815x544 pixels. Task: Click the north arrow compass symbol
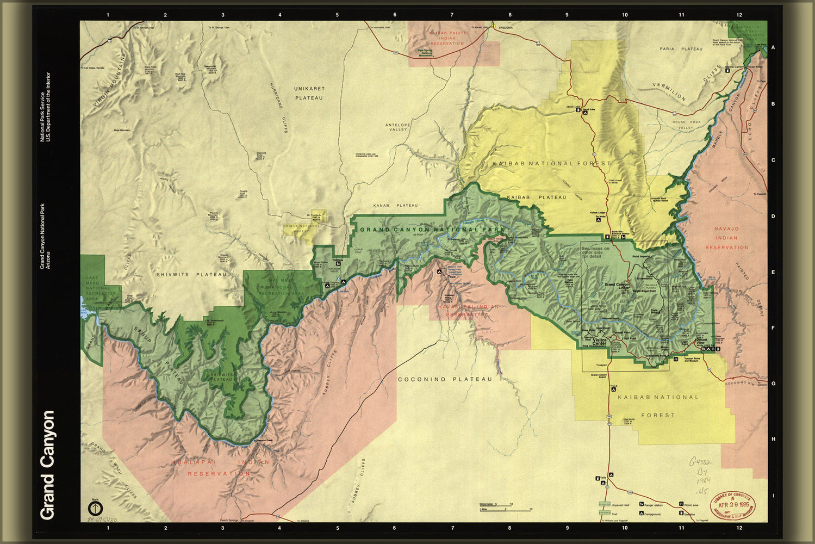click(x=95, y=508)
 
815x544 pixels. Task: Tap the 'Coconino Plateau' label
click(x=444, y=379)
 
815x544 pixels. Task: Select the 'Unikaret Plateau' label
click(x=309, y=93)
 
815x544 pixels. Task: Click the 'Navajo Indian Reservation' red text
click(x=726, y=238)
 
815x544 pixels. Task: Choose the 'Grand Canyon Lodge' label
click(x=617, y=286)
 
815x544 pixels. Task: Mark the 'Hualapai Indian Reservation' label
click(x=220, y=468)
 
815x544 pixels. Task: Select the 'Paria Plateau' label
click(x=681, y=49)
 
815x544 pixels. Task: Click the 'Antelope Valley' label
click(x=397, y=127)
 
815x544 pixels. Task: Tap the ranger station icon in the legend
click(x=642, y=505)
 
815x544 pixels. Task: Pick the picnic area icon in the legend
click(x=681, y=505)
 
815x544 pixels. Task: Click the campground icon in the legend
click(x=642, y=514)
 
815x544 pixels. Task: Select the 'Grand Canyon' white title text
click(x=48, y=465)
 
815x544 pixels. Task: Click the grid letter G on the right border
click(x=773, y=384)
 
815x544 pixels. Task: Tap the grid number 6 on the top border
click(x=395, y=15)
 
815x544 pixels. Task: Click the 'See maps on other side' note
click(x=595, y=252)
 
